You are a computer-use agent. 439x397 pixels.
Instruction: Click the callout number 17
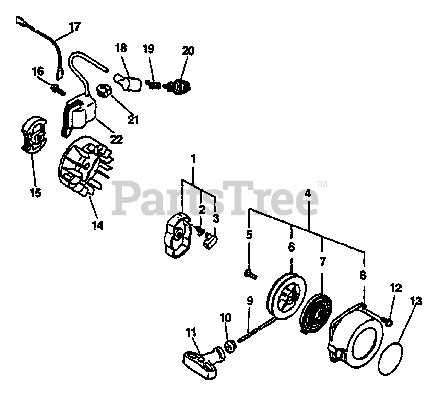75,26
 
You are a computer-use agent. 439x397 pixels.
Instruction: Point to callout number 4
308,193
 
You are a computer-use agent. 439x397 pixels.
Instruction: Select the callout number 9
250,301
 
